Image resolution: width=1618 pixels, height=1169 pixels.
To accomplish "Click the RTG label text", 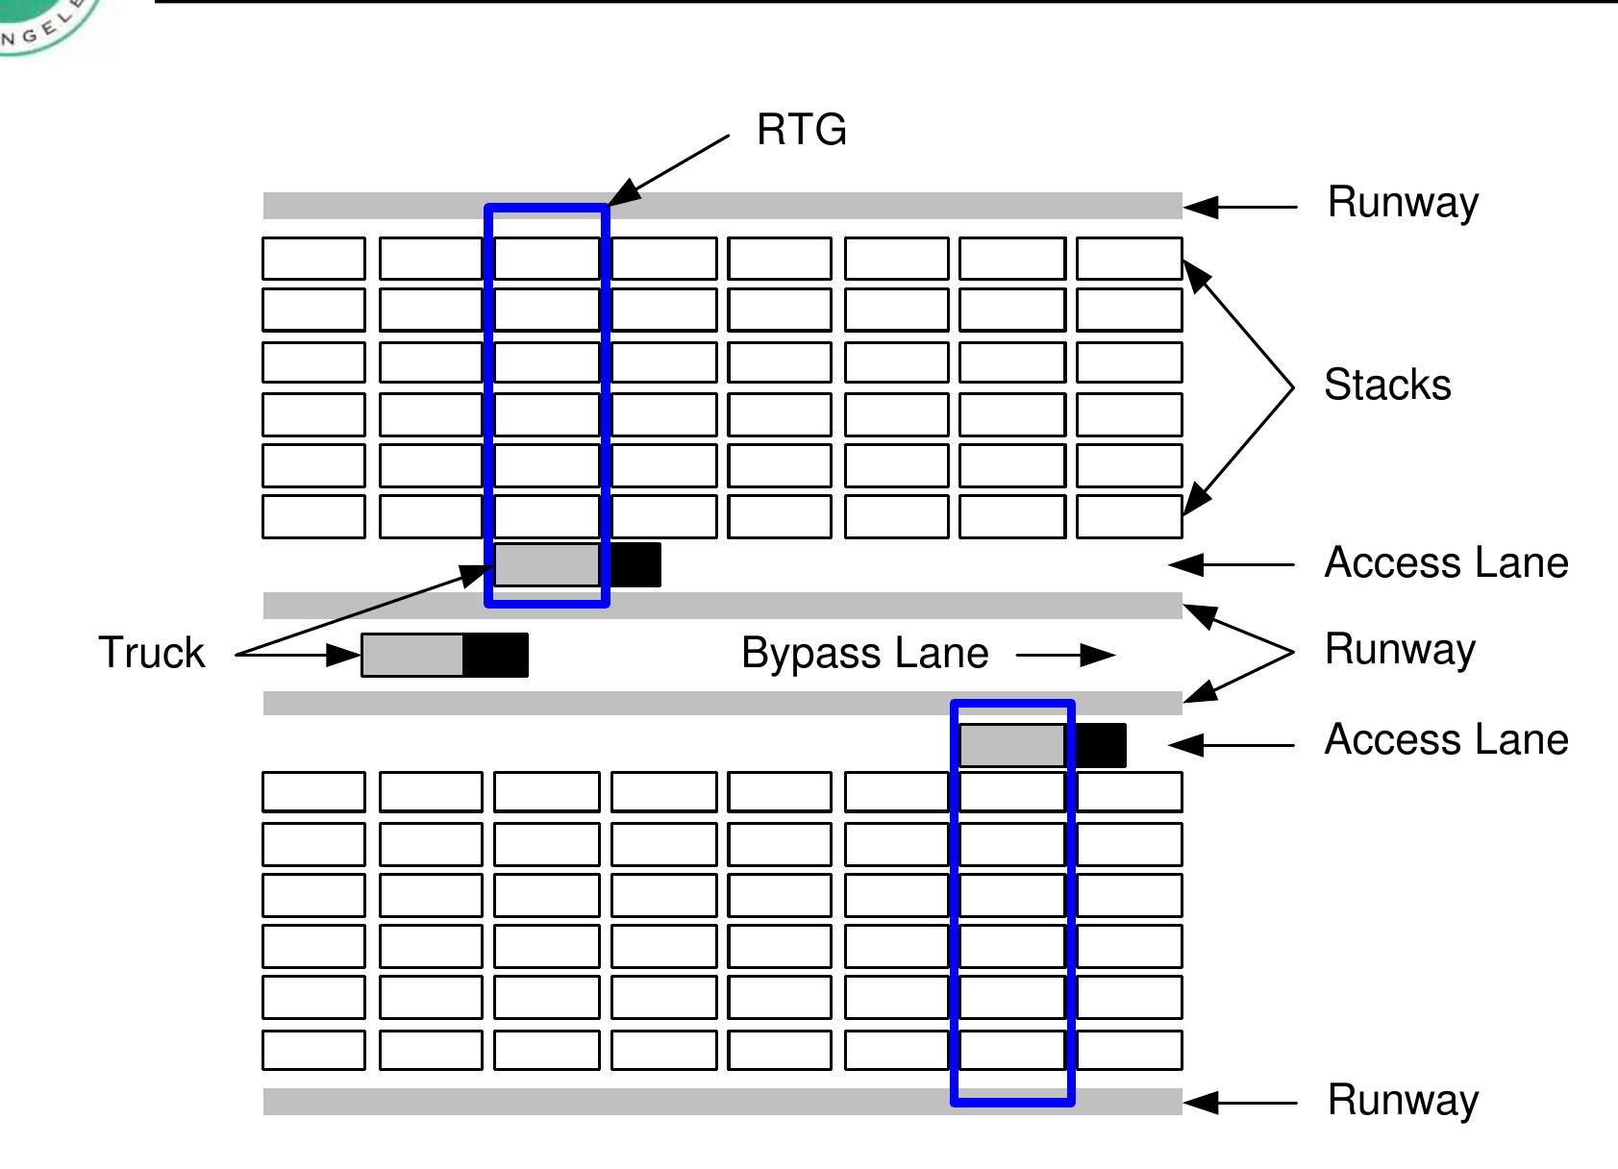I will [x=802, y=130].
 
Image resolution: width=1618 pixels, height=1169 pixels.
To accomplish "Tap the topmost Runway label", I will [x=1402, y=203].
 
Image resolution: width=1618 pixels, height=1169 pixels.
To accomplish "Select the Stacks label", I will [x=1386, y=385].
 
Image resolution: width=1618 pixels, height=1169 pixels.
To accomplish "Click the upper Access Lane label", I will [x=1446, y=562].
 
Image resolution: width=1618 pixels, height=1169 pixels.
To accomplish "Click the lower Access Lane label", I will [x=1446, y=739].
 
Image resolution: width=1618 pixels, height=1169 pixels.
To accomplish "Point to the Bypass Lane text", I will [x=864, y=654].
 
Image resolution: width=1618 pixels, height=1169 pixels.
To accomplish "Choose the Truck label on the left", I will [x=152, y=653].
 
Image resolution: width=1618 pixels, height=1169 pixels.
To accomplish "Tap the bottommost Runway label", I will [x=1402, y=1101].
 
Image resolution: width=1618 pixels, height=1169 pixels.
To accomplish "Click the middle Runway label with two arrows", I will [x=1399, y=649].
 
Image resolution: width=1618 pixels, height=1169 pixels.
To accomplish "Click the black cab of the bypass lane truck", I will [x=495, y=655].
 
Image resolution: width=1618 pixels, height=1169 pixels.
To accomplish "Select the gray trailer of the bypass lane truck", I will [x=412, y=655].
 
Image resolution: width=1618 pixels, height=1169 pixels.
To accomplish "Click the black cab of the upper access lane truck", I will [x=635, y=564].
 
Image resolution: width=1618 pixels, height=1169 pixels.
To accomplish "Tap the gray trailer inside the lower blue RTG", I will [x=1011, y=746].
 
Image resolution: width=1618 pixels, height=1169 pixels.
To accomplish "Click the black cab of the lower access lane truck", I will [x=1100, y=746].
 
